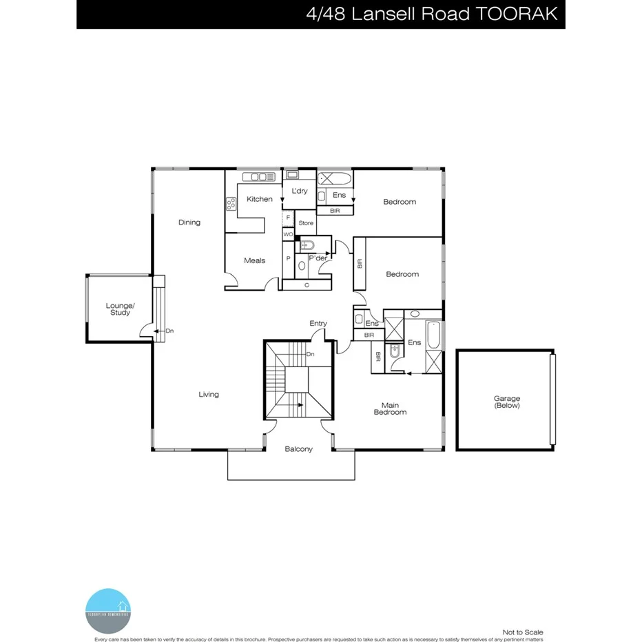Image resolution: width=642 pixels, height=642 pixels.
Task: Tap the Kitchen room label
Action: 260,199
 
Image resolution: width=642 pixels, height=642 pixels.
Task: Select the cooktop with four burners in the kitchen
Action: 231,203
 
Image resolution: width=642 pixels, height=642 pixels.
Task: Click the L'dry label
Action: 300,191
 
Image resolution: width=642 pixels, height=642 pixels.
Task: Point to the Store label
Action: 306,223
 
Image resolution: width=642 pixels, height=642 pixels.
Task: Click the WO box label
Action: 288,235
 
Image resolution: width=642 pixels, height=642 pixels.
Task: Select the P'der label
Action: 318,258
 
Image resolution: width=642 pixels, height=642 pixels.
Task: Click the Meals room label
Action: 254,260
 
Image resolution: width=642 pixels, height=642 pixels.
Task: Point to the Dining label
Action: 189,222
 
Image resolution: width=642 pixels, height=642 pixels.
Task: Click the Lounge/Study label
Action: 120,309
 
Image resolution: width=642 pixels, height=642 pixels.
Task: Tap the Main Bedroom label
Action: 390,408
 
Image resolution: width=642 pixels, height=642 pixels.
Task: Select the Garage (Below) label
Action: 506,402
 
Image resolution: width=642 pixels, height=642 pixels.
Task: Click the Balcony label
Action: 299,449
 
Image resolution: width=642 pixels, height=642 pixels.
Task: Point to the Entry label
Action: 318,323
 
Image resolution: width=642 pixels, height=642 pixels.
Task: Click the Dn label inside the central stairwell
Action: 310,354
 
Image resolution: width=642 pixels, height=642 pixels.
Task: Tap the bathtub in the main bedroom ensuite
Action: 433,334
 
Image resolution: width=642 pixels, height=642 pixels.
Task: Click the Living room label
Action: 209,395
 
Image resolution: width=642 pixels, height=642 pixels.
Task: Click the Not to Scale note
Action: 523,632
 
